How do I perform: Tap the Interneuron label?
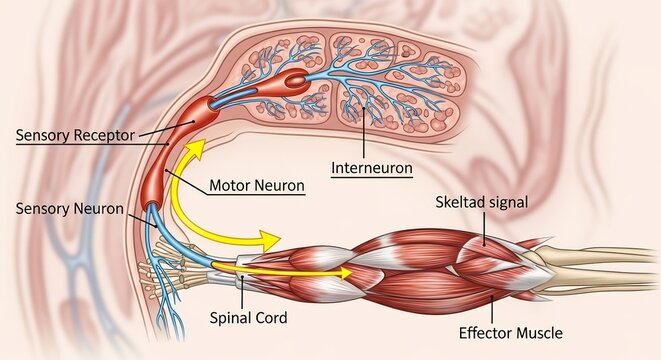(370, 168)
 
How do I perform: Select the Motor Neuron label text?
(257, 186)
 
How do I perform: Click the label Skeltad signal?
(481, 202)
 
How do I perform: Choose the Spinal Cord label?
(248, 318)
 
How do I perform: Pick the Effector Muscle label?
(510, 333)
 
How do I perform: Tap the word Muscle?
(537, 333)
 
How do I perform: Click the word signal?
(505, 202)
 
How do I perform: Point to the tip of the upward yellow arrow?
(199, 145)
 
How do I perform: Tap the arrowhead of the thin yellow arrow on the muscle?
(345, 271)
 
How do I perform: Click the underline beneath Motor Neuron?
(257, 196)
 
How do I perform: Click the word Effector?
(483, 333)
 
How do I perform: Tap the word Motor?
(232, 186)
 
